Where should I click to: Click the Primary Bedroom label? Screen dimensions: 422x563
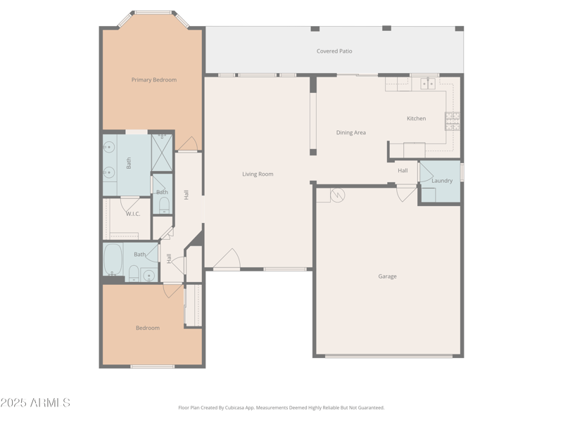click(153, 79)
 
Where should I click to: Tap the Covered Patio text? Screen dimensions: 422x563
click(334, 51)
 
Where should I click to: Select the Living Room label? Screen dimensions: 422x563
click(258, 174)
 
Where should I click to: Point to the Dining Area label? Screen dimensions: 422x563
click(350, 132)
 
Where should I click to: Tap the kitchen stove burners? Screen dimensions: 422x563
click(452, 121)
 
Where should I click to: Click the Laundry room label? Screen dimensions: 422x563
click(442, 181)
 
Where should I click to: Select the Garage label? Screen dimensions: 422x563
click(387, 276)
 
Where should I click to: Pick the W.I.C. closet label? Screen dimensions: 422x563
click(133, 214)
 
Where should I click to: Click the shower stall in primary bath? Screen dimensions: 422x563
click(163, 153)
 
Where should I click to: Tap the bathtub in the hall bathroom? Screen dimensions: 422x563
click(113, 260)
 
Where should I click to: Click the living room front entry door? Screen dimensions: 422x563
click(227, 260)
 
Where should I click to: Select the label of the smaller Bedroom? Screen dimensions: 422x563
click(147, 328)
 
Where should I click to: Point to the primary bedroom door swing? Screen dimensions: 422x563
click(187, 144)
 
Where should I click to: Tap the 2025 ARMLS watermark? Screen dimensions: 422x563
click(35, 403)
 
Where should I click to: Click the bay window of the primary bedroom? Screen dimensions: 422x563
click(153, 13)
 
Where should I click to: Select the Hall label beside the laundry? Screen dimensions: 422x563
click(403, 170)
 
